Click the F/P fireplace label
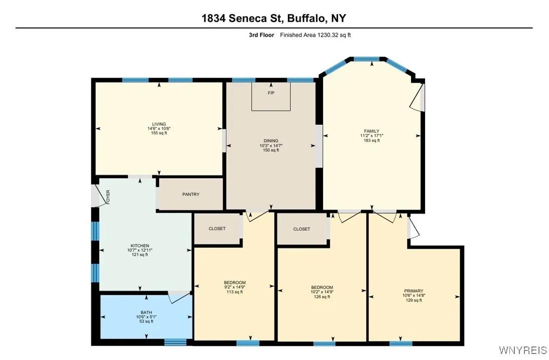click(x=271, y=93)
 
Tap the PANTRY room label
click(x=191, y=195)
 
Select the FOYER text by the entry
click(x=107, y=197)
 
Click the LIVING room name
click(x=159, y=124)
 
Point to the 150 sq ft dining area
click(x=271, y=150)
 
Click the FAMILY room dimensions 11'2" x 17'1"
click(x=372, y=136)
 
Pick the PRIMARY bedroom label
click(x=414, y=291)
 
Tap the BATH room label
click(x=146, y=312)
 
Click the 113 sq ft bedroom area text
click(x=235, y=292)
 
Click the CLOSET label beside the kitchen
click(x=217, y=229)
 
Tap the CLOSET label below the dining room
click(x=302, y=229)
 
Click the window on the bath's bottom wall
click(x=175, y=342)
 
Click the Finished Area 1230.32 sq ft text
click(x=319, y=35)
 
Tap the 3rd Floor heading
click(x=261, y=35)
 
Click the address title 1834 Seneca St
click(x=273, y=19)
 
